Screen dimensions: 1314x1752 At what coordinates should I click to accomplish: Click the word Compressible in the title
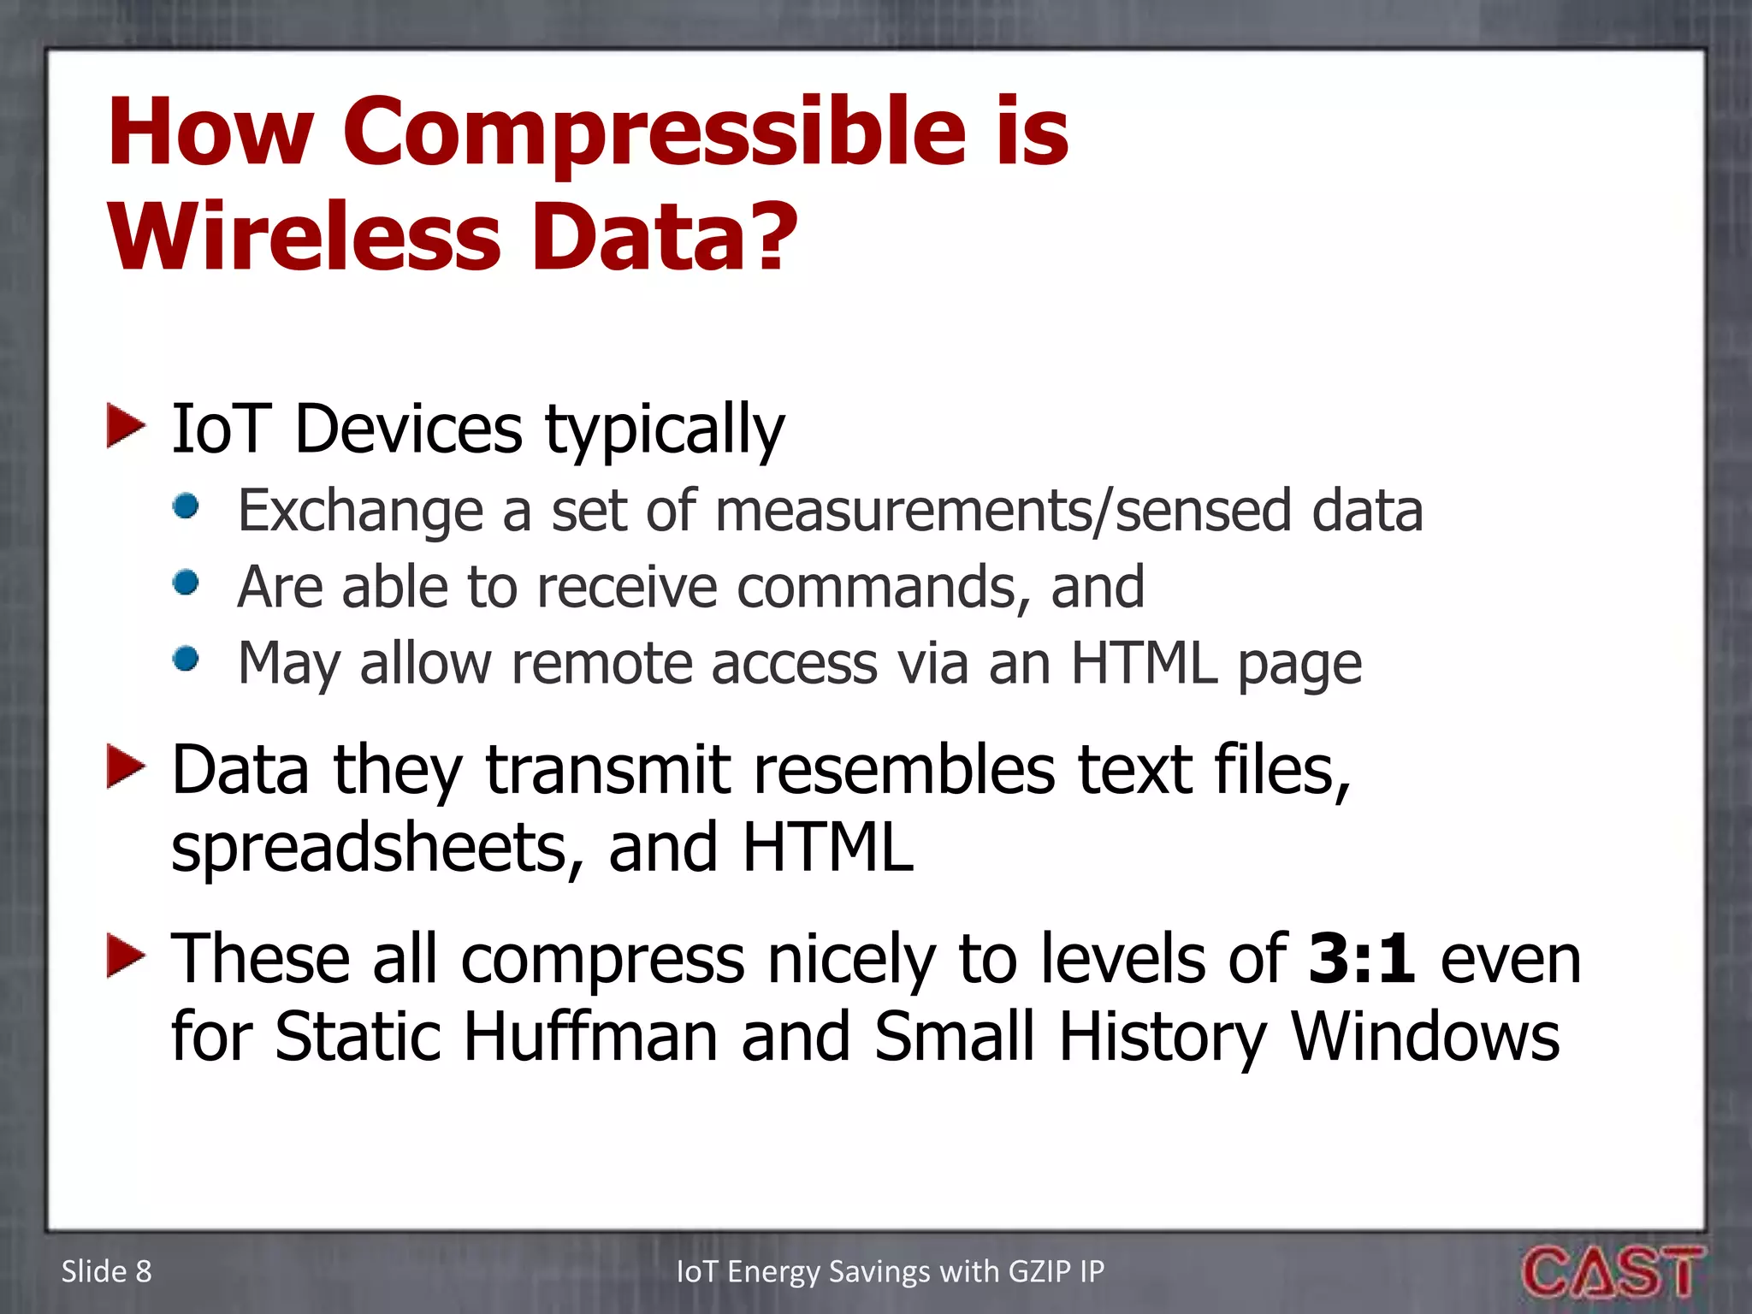[x=654, y=133]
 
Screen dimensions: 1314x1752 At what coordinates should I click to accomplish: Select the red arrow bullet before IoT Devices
[x=125, y=427]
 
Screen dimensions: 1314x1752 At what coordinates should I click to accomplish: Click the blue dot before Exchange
[x=186, y=506]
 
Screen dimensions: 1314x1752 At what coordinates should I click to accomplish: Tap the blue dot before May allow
[x=186, y=659]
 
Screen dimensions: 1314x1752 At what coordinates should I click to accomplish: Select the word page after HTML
[x=1299, y=665]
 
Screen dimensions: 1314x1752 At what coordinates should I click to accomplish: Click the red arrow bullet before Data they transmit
[x=125, y=766]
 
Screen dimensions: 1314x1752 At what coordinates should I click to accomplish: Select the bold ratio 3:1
[x=1359, y=959]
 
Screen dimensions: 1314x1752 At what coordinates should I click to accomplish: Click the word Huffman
[x=590, y=1037]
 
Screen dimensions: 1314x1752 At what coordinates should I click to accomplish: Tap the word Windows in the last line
[x=1424, y=1037]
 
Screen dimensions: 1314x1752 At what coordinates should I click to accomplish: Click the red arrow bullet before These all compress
[x=125, y=956]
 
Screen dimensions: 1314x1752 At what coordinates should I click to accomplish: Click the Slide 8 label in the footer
[x=106, y=1271]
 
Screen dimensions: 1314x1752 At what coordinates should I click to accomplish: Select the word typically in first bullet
[x=665, y=430]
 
